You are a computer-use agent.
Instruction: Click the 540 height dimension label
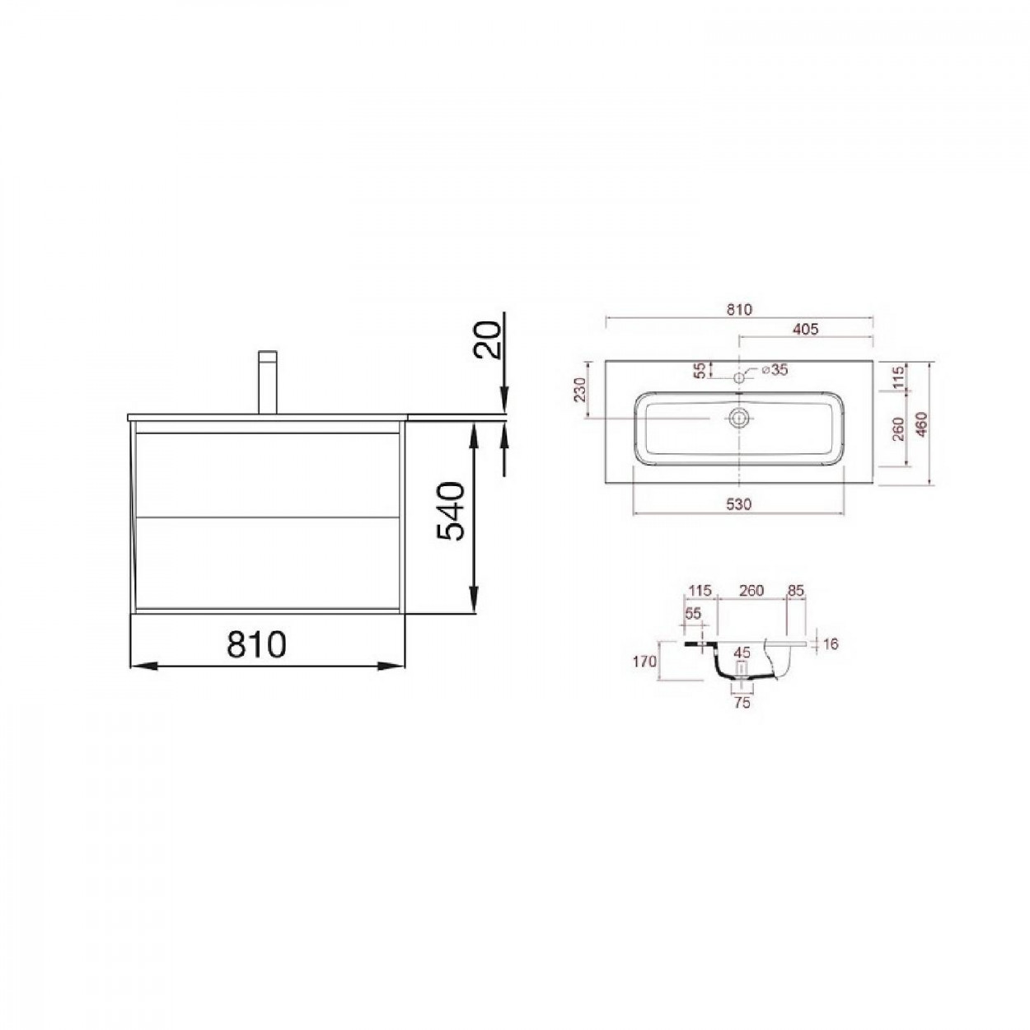[450, 512]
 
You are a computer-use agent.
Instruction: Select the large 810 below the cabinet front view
[256, 644]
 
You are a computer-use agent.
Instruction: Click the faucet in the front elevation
[267, 382]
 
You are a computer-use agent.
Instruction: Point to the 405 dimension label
[805, 330]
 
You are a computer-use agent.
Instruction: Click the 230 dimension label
[580, 389]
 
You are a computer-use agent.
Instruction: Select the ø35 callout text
[775, 369]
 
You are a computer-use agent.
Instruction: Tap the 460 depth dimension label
[921, 424]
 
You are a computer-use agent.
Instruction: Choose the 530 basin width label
[738, 504]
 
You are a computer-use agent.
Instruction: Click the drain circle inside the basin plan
[738, 418]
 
